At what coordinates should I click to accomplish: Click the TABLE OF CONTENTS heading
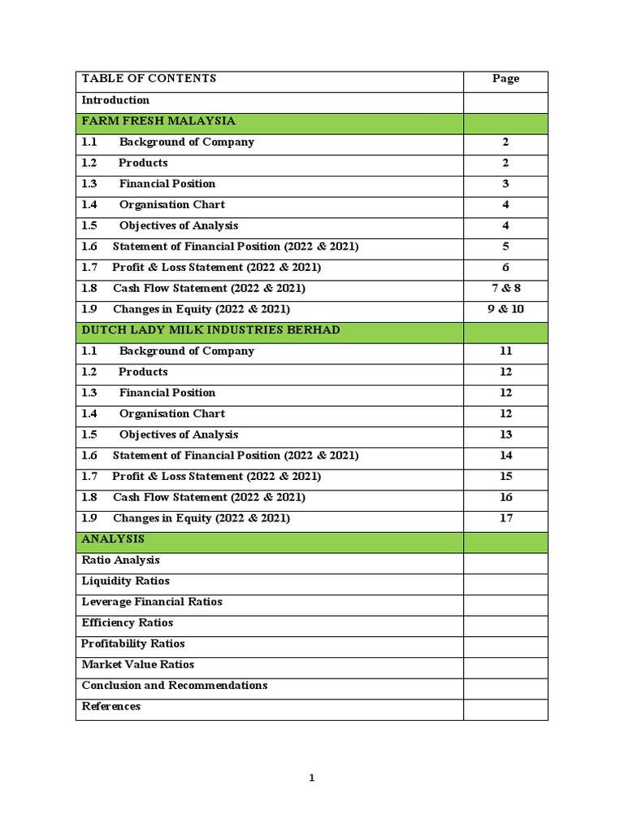pos(149,79)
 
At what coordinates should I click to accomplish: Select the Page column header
pos(505,79)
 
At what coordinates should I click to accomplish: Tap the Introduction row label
pos(115,100)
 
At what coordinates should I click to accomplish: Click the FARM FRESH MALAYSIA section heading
pos(158,121)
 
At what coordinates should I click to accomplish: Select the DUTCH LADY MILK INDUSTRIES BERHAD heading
pos(210,330)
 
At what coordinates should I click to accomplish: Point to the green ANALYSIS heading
pos(113,539)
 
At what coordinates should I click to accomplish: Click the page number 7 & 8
pos(505,289)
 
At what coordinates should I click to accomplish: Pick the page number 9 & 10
pos(505,309)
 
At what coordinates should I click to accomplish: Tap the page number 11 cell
pos(505,351)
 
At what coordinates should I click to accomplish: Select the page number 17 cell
pos(505,518)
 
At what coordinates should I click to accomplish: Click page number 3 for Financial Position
pos(505,184)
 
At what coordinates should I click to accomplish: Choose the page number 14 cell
pos(505,456)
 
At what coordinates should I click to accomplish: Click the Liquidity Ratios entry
pos(125,581)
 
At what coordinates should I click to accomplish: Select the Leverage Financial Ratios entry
pos(152,602)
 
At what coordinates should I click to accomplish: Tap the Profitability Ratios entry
pos(133,643)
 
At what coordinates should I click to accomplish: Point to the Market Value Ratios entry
pos(137,665)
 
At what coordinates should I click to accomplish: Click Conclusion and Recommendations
pos(174,686)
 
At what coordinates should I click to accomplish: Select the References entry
pos(110,706)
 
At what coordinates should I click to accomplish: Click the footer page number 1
pos(312,778)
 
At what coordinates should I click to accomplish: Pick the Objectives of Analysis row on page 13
pos(178,434)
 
